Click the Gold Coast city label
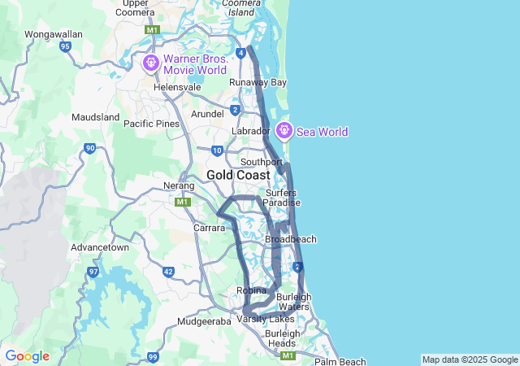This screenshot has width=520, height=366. pos(238,175)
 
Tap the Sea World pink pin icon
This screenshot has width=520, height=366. pos(284,130)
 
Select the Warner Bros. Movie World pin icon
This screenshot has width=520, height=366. pos(150,63)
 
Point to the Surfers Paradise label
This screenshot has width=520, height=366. pos(281,198)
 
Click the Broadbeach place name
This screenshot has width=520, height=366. pos(291,239)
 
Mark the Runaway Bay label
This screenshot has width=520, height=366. pos(258,83)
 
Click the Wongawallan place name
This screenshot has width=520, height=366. pos(54,35)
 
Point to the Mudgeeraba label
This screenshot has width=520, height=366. pos(205,321)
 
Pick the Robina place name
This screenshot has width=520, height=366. pos(251,290)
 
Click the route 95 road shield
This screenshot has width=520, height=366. pos(65,47)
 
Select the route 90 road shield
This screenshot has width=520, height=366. pos(89,148)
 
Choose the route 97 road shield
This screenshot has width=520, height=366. pos(93,271)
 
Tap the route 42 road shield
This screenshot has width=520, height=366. pos(168,272)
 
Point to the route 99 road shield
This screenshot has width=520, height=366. pos(153,357)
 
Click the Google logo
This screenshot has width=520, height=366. pos(27,356)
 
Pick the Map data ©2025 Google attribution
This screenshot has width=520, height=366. pos(469,359)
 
